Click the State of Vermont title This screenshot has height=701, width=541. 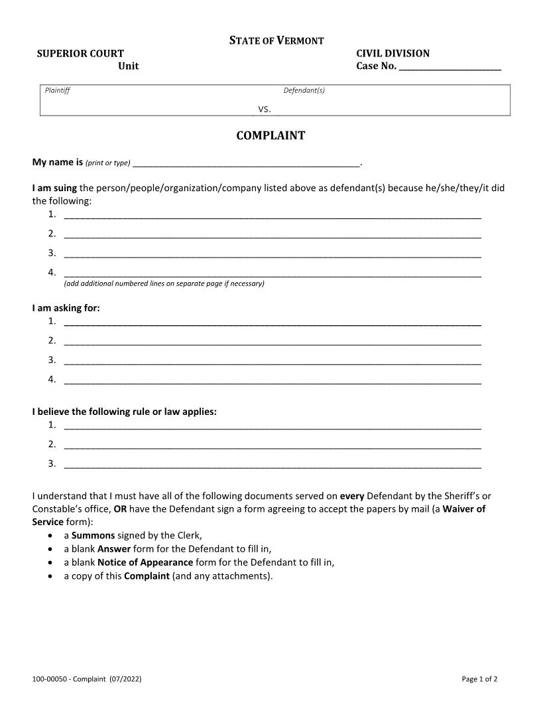pyautogui.click(x=276, y=40)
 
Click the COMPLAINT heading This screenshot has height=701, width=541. pyautogui.click(x=270, y=135)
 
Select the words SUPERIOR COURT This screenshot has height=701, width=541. pyautogui.click(x=80, y=53)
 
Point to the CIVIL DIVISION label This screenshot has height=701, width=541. pyautogui.click(x=392, y=53)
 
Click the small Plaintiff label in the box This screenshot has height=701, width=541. pyautogui.click(x=57, y=91)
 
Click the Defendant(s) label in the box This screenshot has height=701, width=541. pyautogui.click(x=304, y=91)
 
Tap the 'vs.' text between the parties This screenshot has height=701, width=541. pyautogui.click(x=264, y=109)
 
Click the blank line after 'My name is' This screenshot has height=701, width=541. pyautogui.click(x=245, y=163)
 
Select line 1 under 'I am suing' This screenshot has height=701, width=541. pyautogui.click(x=272, y=214)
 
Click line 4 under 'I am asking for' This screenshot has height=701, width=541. pyautogui.click(x=272, y=380)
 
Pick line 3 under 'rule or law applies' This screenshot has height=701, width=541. pyautogui.click(x=272, y=463)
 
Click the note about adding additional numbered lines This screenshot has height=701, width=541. pyautogui.click(x=164, y=283)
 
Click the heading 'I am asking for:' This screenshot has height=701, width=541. pyautogui.click(x=66, y=307)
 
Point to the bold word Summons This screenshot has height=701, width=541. pyautogui.click(x=93, y=535)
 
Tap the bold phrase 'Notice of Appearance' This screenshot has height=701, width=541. pyautogui.click(x=145, y=562)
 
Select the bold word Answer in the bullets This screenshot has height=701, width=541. pyautogui.click(x=113, y=549)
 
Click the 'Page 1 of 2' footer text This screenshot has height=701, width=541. pyautogui.click(x=479, y=679)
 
